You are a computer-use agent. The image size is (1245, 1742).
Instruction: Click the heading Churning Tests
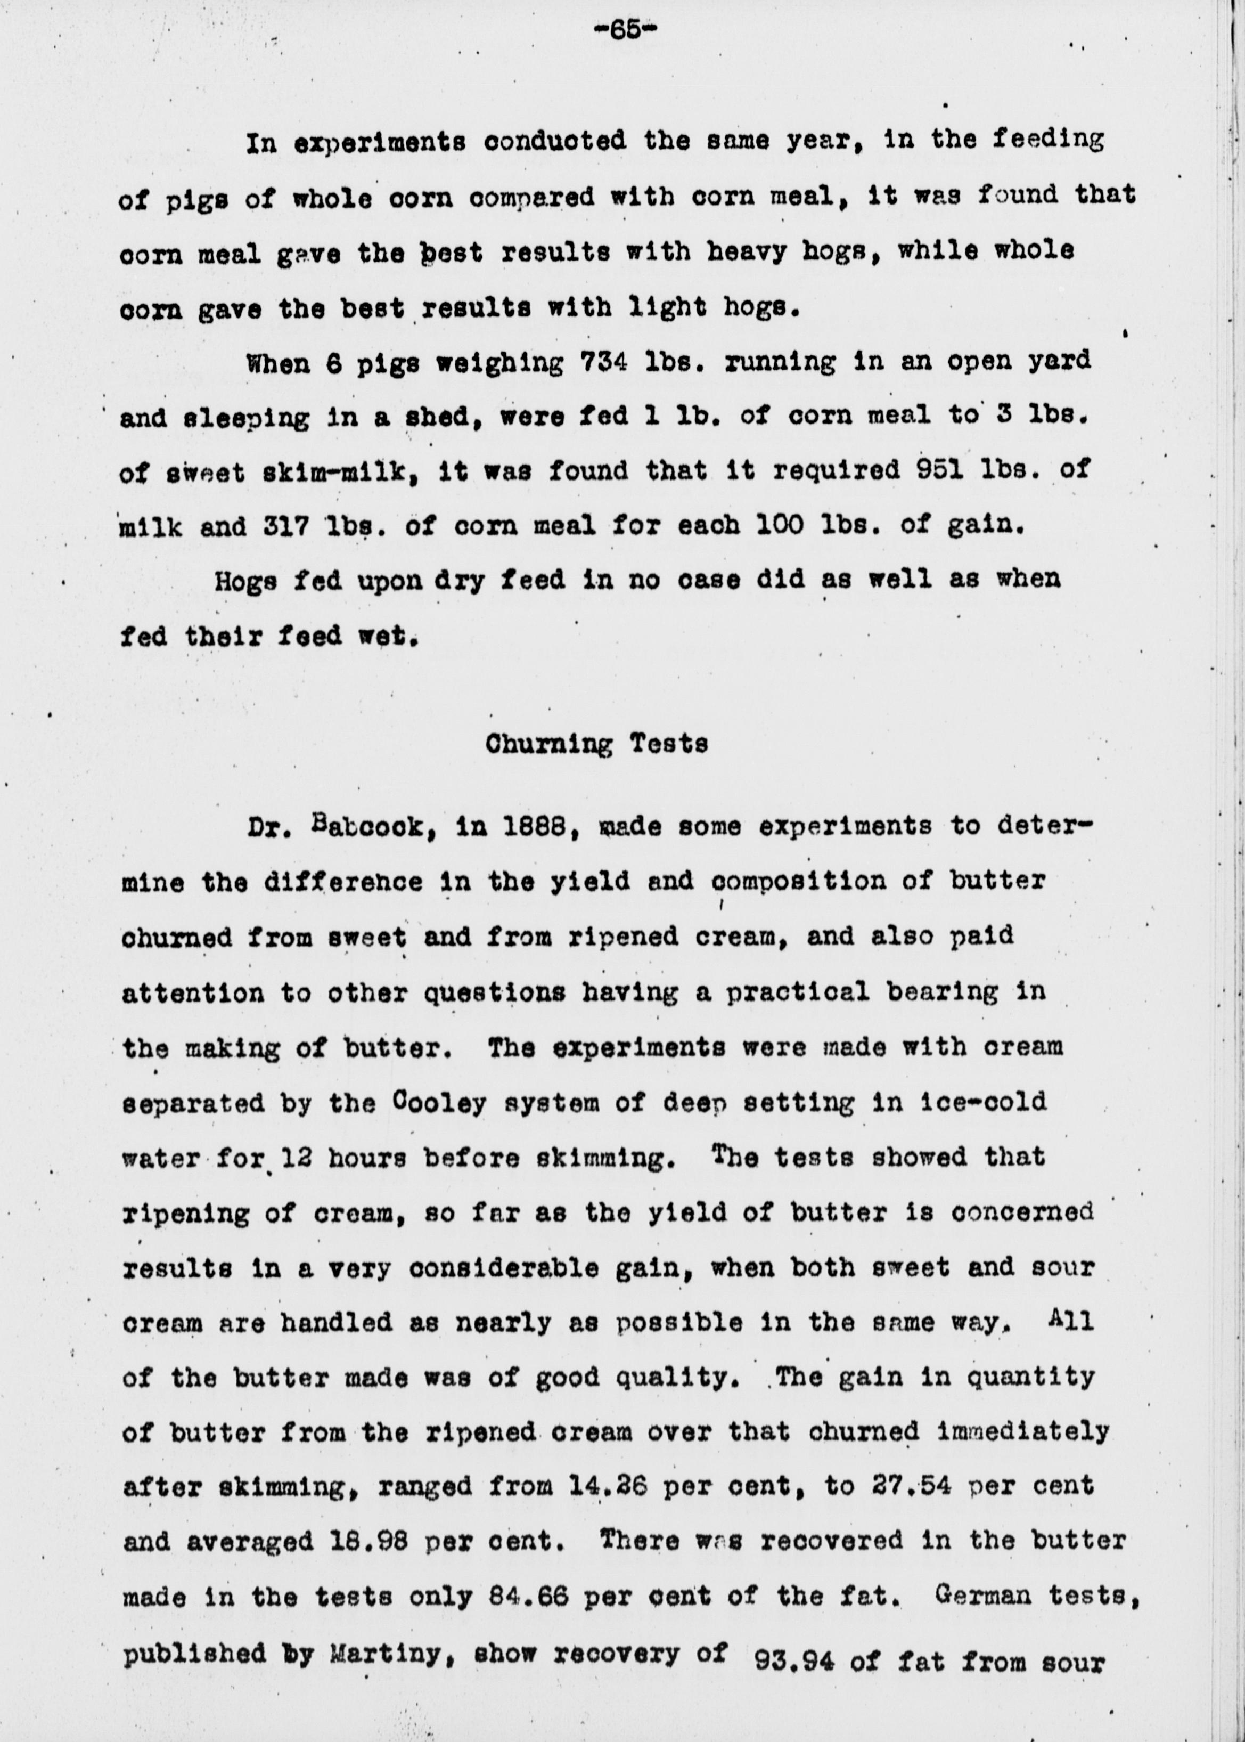coord(596,745)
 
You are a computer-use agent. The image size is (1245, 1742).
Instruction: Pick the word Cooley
coord(438,1103)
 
